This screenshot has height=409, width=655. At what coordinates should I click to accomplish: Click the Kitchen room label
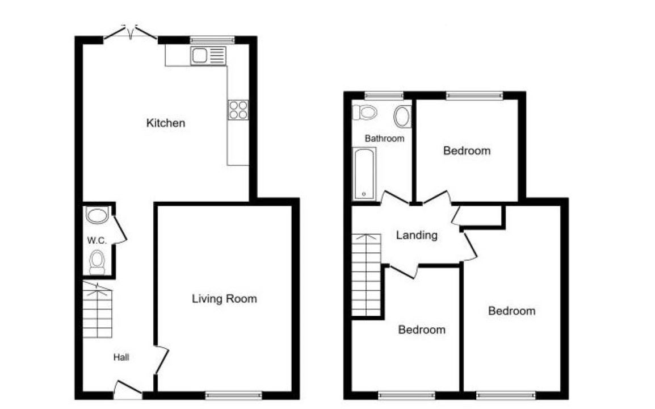[x=165, y=123]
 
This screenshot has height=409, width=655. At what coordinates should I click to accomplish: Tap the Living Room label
[x=224, y=299]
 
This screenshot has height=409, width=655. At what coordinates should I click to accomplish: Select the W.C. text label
[x=96, y=240]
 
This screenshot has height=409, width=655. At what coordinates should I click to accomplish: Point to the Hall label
[x=121, y=357]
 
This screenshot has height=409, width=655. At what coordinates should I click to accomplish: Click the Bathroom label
[x=384, y=139]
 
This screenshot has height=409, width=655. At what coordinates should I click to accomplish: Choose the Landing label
[x=417, y=235]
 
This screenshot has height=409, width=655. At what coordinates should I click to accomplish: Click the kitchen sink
[x=208, y=56]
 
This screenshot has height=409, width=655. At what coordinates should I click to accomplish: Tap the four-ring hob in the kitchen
[x=238, y=110]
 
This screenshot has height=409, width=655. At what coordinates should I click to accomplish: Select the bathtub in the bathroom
[x=364, y=174]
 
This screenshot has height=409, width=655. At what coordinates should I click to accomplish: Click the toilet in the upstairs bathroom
[x=365, y=112]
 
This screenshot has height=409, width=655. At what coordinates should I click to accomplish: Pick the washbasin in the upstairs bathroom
[x=402, y=116]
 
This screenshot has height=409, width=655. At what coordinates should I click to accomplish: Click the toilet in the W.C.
[x=97, y=262]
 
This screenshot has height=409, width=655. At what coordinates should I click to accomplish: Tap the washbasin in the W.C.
[x=97, y=215]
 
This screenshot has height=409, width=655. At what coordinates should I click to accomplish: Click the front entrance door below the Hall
[x=127, y=389]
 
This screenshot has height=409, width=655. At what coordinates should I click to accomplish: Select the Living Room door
[x=161, y=360]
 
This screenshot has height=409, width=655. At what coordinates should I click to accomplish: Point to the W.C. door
[x=119, y=229]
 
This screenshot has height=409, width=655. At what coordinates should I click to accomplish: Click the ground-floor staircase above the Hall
[x=97, y=310]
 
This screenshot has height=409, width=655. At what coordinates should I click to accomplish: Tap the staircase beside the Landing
[x=366, y=275]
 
